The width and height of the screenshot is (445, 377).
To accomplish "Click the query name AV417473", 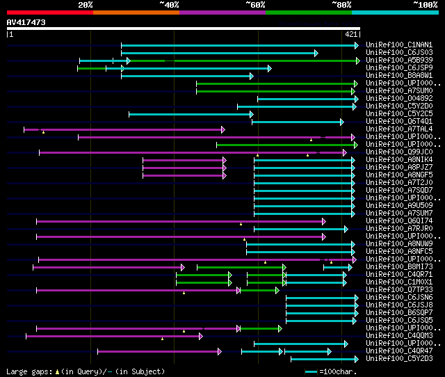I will click(x=26, y=22).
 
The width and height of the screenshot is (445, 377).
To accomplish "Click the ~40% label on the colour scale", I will click(x=169, y=5).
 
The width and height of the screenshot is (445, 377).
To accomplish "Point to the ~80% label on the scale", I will click(x=341, y=5).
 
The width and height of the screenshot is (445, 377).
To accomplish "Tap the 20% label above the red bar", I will click(x=86, y=5).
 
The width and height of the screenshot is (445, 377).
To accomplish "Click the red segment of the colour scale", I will click(x=49, y=12).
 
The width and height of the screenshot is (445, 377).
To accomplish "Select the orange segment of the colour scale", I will click(x=136, y=12).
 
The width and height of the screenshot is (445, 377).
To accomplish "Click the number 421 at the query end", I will click(x=350, y=34).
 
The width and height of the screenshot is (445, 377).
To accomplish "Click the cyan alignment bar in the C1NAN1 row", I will click(x=239, y=45).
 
